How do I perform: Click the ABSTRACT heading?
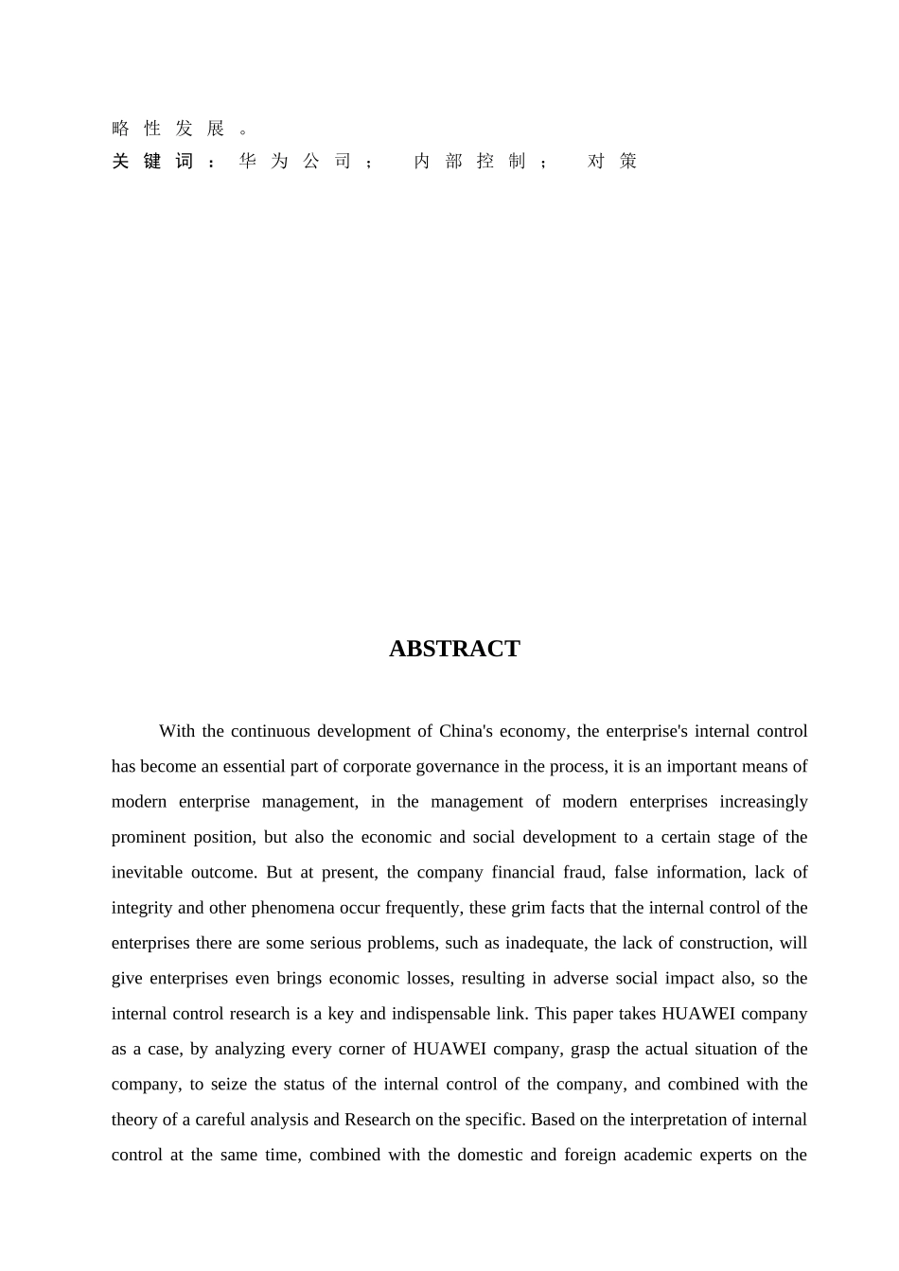coord(454,649)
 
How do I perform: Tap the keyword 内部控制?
coord(469,162)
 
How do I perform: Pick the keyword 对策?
coord(612,162)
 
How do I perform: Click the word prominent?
coord(147,837)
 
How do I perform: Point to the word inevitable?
coord(147,872)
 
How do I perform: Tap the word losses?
coord(422,978)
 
